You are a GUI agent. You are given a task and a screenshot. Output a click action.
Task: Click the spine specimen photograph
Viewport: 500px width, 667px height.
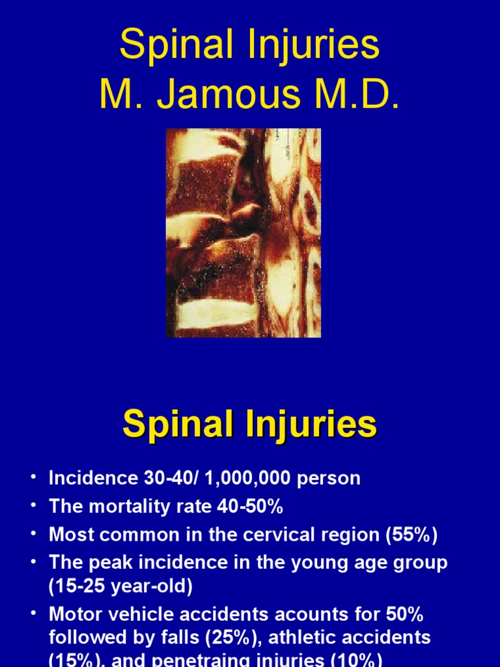pos(243,233)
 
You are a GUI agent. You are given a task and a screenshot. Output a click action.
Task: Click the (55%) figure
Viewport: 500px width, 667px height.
pos(411,535)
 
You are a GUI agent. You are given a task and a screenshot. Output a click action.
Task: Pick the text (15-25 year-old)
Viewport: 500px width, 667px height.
pos(121,586)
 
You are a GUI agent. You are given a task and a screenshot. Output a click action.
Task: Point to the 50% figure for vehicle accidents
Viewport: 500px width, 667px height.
pos(405,615)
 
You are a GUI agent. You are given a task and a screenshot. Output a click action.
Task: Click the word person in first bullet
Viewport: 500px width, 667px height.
pos(329,478)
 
